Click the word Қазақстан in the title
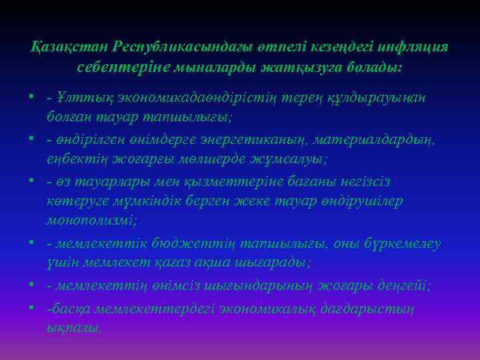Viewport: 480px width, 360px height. pos(69,47)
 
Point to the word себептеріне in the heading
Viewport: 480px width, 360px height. pos(116,68)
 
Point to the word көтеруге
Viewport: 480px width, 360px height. pos(74,201)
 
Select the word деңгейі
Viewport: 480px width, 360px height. pos(407,285)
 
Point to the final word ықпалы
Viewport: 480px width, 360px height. pos(74,328)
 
